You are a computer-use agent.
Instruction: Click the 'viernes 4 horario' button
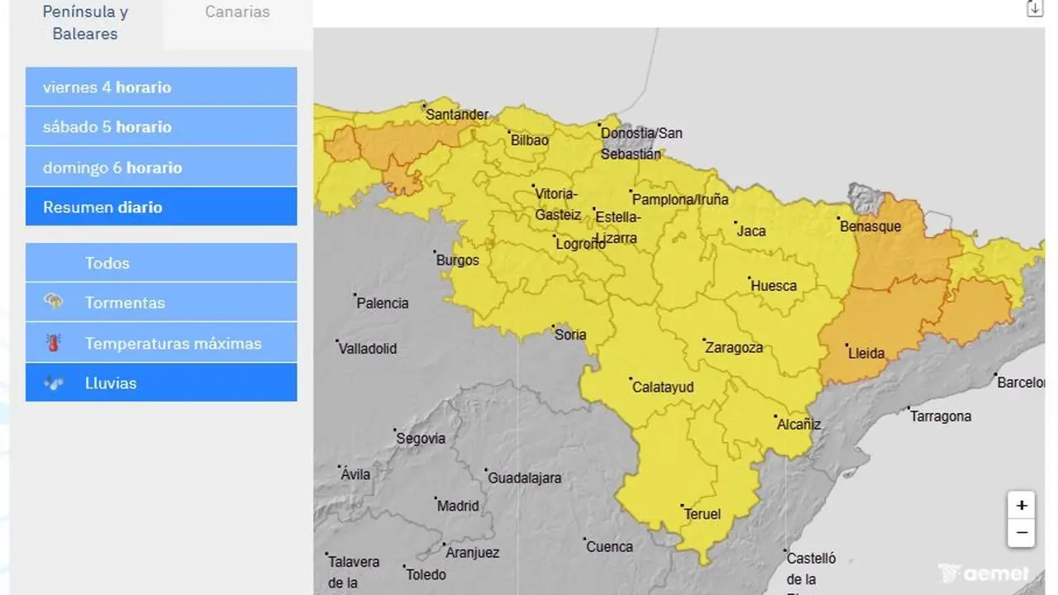point(161,87)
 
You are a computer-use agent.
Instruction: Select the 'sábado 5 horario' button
point(161,126)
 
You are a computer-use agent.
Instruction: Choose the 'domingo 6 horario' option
point(161,167)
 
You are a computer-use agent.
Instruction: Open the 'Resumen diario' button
point(161,207)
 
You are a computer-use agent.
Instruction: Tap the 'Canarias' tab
point(237,12)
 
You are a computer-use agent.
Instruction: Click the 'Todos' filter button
point(161,263)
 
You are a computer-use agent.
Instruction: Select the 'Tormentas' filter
point(161,302)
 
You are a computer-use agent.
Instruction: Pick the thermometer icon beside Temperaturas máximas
point(54,343)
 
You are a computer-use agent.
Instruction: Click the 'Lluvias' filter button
point(161,383)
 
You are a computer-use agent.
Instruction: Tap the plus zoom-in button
point(1022,506)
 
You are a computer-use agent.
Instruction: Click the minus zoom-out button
point(1022,533)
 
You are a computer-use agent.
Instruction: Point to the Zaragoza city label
point(734,348)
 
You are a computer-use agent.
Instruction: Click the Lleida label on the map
point(866,354)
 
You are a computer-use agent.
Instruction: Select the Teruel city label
point(703,514)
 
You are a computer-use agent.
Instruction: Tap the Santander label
point(456,115)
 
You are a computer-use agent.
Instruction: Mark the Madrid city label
point(457,506)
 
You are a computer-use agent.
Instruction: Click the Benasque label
point(870,226)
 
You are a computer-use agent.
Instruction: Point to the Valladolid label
point(368,349)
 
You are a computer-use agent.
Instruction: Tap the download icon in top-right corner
point(1035,9)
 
